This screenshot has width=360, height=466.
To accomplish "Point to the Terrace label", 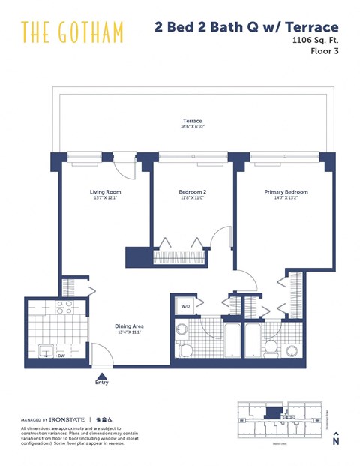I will point(193,121).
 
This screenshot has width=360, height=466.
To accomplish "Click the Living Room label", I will point(106,192).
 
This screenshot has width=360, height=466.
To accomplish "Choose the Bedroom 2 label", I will point(193,192).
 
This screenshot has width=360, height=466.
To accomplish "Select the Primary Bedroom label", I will point(286,192).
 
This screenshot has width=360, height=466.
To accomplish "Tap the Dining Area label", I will point(128,326).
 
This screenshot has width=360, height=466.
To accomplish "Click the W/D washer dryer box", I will point(185,306).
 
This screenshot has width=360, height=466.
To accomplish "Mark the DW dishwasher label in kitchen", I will point(61,356).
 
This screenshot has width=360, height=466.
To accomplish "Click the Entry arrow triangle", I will point(102,374).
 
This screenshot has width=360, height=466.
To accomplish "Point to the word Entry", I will point(102,383).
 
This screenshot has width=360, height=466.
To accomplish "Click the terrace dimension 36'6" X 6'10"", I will point(193,127).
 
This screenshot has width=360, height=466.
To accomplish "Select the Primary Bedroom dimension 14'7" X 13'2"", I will point(286,198).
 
